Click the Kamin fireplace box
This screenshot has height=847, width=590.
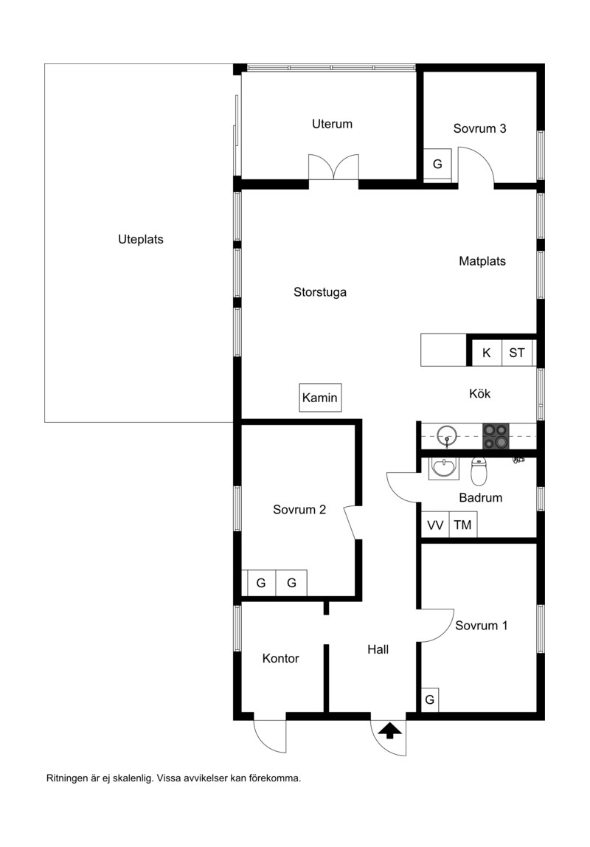click(x=320, y=398)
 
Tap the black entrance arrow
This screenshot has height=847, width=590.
click(x=389, y=731)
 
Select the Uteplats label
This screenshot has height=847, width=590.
click(x=141, y=239)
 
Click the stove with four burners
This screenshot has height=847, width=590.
click(x=496, y=436)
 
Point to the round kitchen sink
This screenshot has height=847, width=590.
click(x=446, y=435)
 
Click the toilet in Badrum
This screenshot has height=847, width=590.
click(x=479, y=471)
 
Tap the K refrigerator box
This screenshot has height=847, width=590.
click(x=486, y=353)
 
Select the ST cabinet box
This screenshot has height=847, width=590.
click(x=517, y=353)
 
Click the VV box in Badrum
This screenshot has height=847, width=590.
click(x=435, y=525)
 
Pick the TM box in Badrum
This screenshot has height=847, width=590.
click(x=462, y=525)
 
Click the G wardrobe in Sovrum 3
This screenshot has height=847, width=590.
click(x=437, y=164)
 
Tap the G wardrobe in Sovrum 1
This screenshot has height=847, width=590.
click(x=430, y=699)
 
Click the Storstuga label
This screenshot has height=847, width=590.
click(x=320, y=292)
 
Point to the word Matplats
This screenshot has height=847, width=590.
click(x=482, y=261)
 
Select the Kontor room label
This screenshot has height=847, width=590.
click(x=281, y=658)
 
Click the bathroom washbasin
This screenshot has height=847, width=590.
click(x=444, y=468)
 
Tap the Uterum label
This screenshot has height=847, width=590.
click(x=332, y=124)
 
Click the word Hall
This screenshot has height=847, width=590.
click(x=378, y=649)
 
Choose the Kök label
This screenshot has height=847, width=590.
click(x=480, y=394)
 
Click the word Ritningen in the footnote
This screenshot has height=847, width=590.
click(x=67, y=779)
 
